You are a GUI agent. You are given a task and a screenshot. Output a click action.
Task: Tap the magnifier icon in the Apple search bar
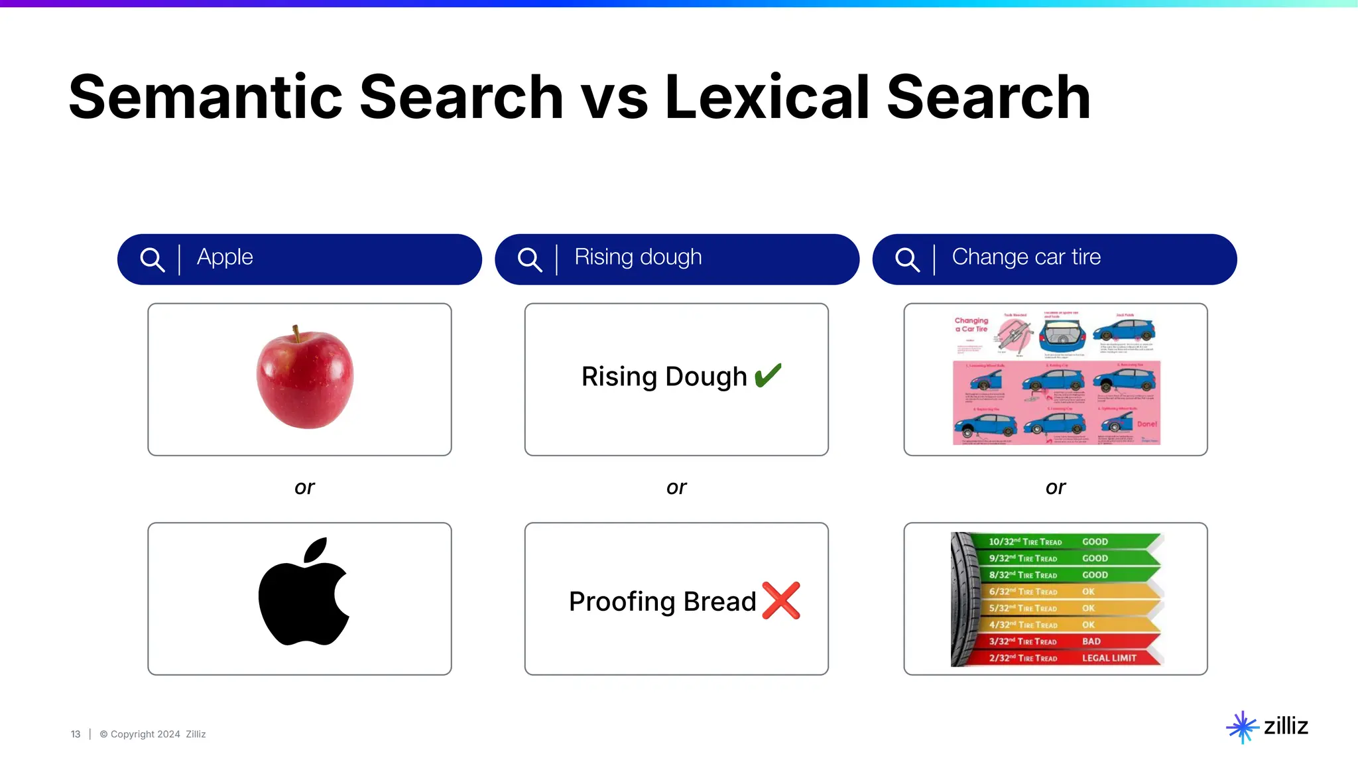(x=152, y=259)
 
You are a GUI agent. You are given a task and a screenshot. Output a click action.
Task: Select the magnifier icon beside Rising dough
(x=529, y=259)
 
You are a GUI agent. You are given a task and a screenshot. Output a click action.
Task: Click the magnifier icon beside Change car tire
(x=906, y=259)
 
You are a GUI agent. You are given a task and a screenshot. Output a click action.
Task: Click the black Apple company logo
(x=304, y=592)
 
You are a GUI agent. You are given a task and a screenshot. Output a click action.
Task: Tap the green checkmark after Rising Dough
(x=769, y=375)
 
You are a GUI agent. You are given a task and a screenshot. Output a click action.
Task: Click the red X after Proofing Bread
(x=781, y=600)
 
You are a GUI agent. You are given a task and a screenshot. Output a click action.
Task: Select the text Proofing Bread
(x=662, y=602)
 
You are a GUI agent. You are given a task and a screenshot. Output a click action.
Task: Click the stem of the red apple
(x=296, y=333)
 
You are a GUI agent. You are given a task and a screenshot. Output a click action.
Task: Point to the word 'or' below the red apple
(x=304, y=487)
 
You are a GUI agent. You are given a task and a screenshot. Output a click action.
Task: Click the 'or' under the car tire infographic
(x=1056, y=487)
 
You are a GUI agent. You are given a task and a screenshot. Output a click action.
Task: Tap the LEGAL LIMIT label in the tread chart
(x=1109, y=658)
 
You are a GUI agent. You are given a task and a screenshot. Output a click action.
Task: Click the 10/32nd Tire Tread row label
(x=1025, y=542)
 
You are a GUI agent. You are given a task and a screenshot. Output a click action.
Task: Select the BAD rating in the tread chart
(x=1091, y=641)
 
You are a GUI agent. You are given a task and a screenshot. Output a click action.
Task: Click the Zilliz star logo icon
(x=1242, y=727)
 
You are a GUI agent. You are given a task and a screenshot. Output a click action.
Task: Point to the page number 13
(x=76, y=734)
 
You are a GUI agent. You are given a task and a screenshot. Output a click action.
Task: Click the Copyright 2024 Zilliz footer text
(x=153, y=734)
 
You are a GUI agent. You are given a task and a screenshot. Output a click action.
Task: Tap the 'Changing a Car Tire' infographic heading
(x=971, y=324)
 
